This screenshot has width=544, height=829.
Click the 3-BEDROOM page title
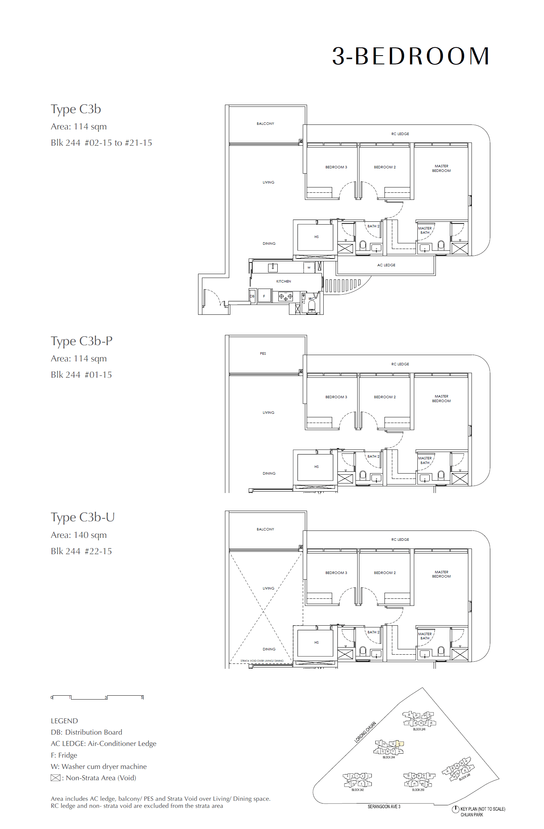point(410,56)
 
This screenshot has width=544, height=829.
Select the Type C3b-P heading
point(82,341)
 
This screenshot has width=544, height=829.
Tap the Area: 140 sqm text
point(79,535)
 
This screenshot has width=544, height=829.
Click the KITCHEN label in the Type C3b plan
point(283,281)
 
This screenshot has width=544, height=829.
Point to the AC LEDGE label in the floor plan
point(386,265)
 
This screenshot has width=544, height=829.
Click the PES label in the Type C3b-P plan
point(263,353)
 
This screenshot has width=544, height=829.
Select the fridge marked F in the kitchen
point(264,296)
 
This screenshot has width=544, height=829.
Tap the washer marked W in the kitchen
point(309,267)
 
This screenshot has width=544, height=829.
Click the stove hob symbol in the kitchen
point(285,297)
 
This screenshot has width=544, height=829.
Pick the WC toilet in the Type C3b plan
point(312,306)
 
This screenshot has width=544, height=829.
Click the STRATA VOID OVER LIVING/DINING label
point(262,661)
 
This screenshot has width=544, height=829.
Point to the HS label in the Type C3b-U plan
point(316,642)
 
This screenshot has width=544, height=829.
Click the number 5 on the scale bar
point(142,697)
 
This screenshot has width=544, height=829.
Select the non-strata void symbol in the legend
point(56,778)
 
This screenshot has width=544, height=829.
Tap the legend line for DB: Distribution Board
point(86,732)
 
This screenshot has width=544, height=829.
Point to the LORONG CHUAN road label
point(365,732)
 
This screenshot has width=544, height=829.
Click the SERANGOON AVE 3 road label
point(384,807)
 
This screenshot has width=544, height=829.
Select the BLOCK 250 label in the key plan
point(418,790)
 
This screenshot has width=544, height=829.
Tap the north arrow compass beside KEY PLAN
point(455,809)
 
